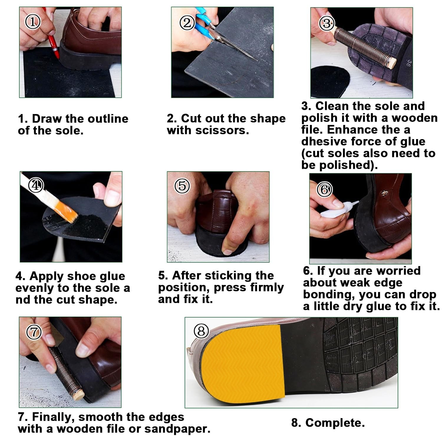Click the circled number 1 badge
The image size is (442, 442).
[33, 22]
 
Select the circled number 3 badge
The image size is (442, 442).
[326, 23]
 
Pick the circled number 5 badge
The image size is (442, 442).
[182, 186]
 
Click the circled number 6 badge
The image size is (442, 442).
[324, 189]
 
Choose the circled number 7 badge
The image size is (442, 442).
[34, 332]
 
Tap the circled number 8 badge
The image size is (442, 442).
[201, 331]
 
